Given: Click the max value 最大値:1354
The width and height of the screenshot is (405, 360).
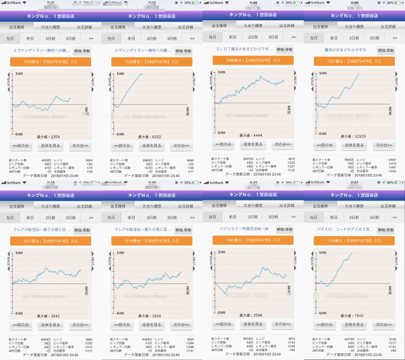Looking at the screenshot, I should [51, 137].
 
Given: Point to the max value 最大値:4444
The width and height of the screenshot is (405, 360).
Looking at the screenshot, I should [253, 135].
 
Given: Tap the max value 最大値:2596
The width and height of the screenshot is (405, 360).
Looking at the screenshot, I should [253, 314].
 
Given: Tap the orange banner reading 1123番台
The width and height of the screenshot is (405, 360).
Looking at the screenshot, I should [51, 62].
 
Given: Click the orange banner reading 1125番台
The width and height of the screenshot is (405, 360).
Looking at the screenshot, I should [152, 62].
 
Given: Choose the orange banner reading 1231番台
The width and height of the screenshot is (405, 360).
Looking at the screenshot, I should [354, 62].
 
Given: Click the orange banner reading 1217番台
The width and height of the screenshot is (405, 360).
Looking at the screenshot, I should [51, 241].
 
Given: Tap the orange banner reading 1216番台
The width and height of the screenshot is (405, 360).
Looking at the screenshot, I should [152, 241].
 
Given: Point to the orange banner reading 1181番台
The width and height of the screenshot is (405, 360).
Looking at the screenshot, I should [253, 240].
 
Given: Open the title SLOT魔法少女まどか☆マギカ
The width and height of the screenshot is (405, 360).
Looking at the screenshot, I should [244, 48].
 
